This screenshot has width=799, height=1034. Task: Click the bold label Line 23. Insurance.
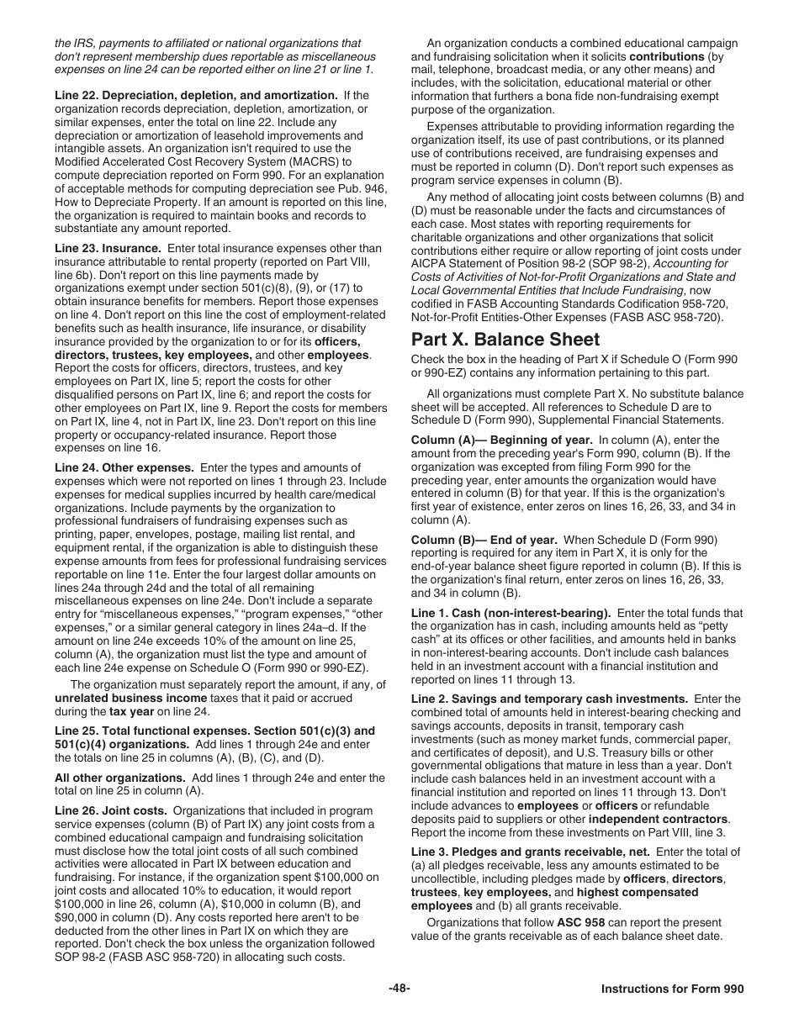(108, 249)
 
